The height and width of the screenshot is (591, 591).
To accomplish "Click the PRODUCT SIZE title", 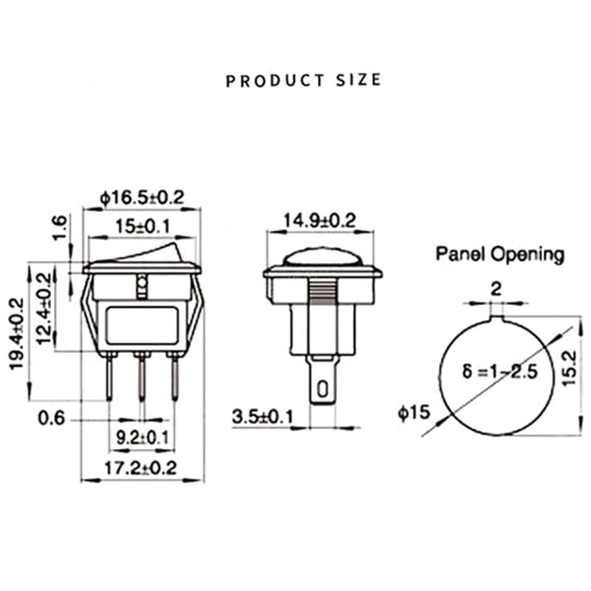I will click(303, 79).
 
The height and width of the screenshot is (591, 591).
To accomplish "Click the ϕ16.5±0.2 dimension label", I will click(141, 198).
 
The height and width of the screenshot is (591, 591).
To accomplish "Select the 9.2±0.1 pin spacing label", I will click(142, 437).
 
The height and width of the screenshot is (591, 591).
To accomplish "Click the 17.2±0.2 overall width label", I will click(140, 468).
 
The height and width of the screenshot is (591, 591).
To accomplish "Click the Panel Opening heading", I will click(499, 255).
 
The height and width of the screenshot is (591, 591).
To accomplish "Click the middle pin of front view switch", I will click(140, 377).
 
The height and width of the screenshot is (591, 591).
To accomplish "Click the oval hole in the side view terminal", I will click(322, 389).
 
